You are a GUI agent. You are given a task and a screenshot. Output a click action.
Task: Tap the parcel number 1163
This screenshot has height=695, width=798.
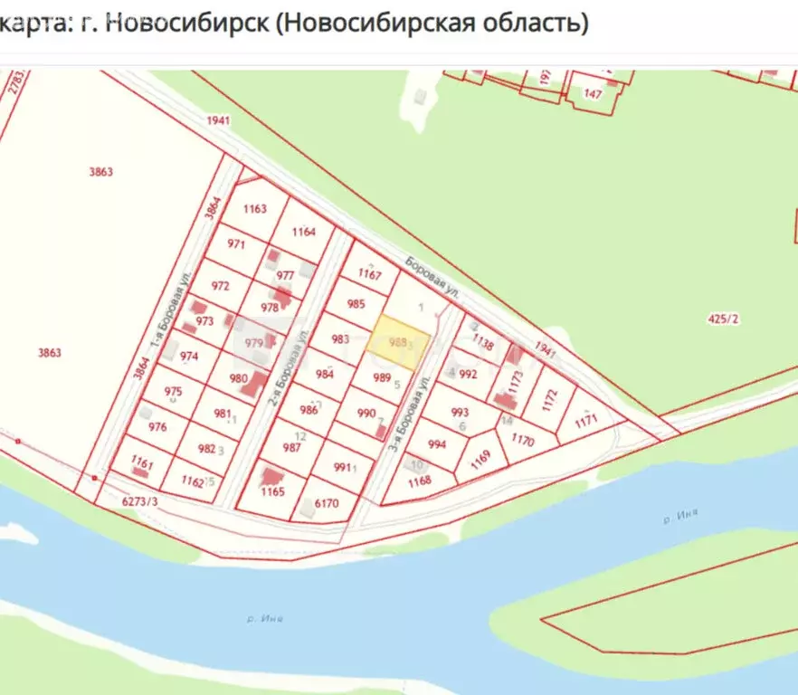click(x=255, y=209)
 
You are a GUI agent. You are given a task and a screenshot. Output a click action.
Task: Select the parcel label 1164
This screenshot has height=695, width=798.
click(x=304, y=233)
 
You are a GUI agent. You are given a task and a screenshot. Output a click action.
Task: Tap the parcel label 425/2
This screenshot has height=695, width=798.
click(x=721, y=319)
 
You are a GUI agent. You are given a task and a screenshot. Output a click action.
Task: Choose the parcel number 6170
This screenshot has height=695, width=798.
click(x=326, y=504)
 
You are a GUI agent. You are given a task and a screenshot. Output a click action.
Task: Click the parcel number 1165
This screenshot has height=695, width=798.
click(x=272, y=492)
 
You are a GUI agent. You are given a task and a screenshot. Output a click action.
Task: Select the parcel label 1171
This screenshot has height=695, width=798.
click(x=586, y=420)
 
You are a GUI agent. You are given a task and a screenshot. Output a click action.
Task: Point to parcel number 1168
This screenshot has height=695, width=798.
click(x=420, y=481)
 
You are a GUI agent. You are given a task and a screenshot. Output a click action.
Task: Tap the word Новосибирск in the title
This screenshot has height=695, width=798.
click(x=186, y=23)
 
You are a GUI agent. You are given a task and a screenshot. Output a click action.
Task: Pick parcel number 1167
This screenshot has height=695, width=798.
click(x=369, y=273)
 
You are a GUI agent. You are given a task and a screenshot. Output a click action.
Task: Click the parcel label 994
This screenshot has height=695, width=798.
click(x=437, y=444)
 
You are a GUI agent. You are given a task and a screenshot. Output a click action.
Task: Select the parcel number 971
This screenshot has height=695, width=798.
click(x=236, y=244)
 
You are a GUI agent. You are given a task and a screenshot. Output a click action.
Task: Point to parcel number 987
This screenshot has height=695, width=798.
click(x=291, y=448)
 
